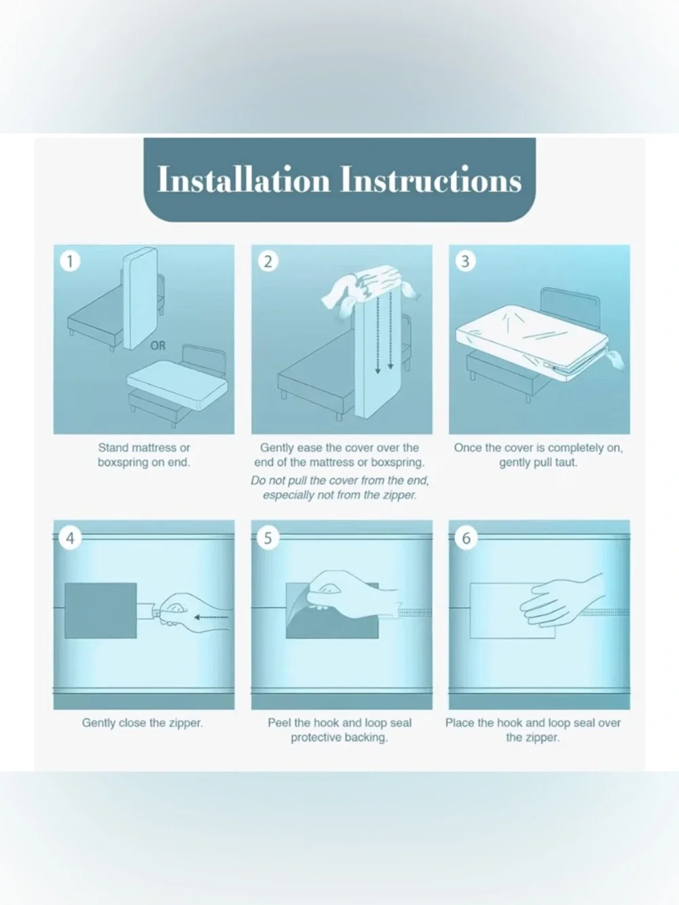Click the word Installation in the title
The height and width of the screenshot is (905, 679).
coord(244,179)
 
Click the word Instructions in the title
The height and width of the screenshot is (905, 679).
coord(430,179)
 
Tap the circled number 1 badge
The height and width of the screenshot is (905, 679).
coord(70,261)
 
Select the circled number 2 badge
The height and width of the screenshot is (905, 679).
coord(268,261)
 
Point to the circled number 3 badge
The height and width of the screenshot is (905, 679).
coord(465,261)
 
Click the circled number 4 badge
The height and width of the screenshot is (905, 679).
coord(70,538)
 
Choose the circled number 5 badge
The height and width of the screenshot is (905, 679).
coord(268,538)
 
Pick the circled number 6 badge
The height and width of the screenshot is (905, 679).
coord(466,538)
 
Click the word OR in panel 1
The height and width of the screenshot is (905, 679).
coord(158,346)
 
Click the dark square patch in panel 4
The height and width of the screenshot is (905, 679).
coord(100,610)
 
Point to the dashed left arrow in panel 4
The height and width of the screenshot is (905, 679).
coord(211,617)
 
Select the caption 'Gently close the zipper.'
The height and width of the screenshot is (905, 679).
coord(142,723)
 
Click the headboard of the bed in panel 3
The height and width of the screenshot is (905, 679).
coord(571,307)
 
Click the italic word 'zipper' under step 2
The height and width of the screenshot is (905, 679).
coord(399,495)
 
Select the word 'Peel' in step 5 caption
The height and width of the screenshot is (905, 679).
coord(278,723)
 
